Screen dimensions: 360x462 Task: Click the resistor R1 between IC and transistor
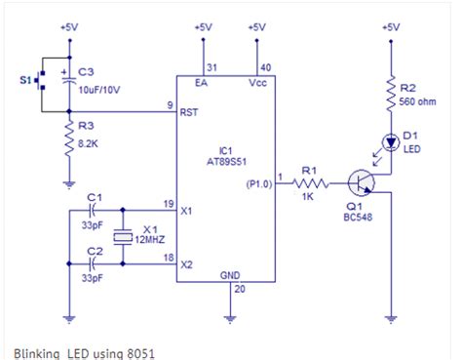[x=310, y=180]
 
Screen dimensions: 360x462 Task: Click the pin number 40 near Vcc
[x=265, y=66]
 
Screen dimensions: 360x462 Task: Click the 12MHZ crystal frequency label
[x=150, y=238]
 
